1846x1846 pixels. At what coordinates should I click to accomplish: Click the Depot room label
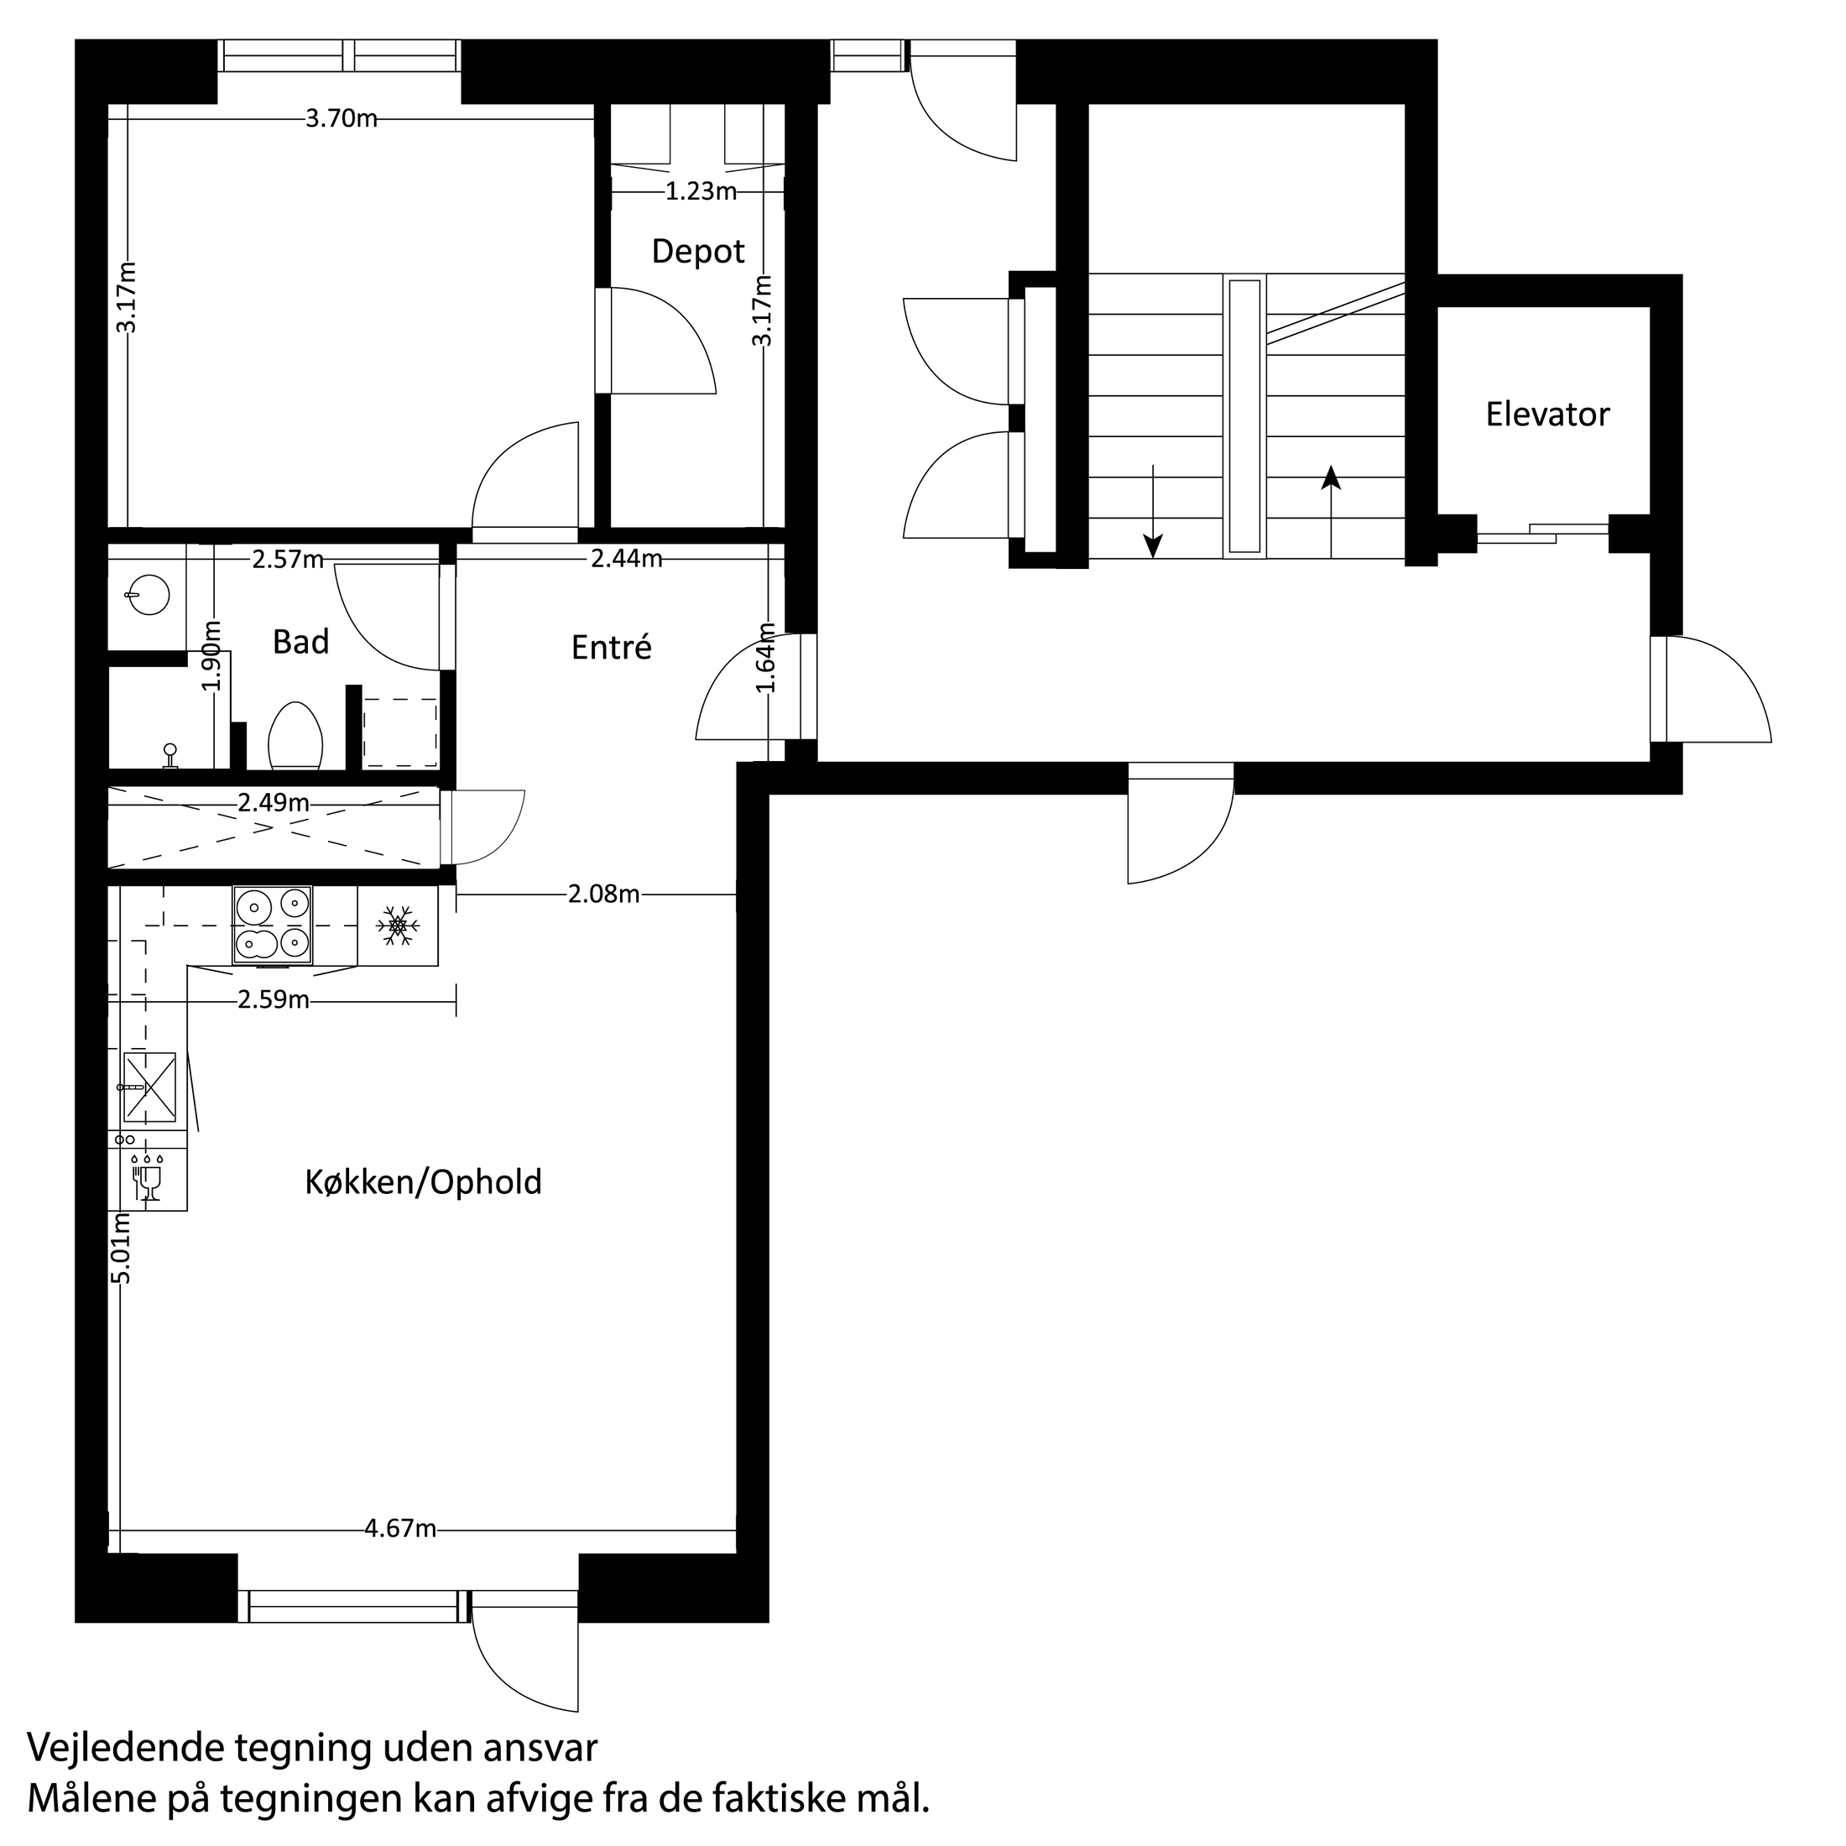[x=697, y=251]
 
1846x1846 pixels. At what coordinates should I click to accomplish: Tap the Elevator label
[x=1547, y=414]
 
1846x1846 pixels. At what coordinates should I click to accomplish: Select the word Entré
[x=612, y=648]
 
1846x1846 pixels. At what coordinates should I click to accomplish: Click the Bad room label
[x=301, y=642]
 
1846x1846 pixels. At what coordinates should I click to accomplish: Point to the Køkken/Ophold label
[x=423, y=1183]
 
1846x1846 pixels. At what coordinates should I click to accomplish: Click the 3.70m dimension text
[x=342, y=118]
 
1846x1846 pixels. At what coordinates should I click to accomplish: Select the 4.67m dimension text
[x=400, y=1529]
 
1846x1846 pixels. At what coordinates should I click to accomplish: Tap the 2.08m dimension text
[x=604, y=894]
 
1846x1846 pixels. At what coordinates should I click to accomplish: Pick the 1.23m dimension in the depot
[x=701, y=191]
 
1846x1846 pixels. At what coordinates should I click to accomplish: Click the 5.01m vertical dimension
[x=122, y=1249]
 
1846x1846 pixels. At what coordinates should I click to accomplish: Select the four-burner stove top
[x=273, y=924]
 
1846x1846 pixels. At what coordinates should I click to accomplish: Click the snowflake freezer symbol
[x=398, y=926]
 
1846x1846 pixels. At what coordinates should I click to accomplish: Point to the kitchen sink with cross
[x=149, y=1087]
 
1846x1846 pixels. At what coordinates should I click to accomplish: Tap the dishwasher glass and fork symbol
[x=149, y=1179]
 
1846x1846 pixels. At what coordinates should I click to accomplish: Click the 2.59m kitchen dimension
[x=274, y=999]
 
